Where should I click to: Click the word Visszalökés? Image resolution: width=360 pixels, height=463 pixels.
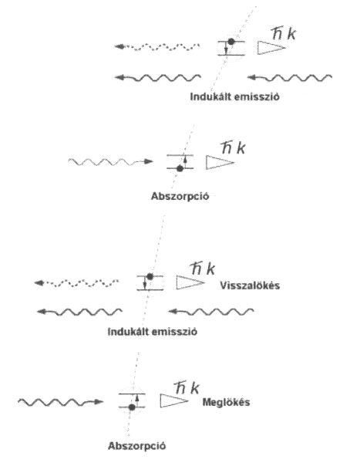click(x=250, y=286)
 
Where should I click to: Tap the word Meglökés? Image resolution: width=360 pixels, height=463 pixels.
click(x=226, y=402)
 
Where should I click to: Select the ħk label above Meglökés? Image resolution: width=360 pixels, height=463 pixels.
click(x=187, y=388)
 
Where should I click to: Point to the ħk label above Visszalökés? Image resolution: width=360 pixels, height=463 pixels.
click(x=203, y=269)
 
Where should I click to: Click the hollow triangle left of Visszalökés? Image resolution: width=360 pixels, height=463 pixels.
click(x=190, y=282)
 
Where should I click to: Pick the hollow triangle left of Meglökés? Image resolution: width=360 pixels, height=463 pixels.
click(x=173, y=400)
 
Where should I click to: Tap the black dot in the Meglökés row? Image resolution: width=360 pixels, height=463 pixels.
click(x=132, y=407)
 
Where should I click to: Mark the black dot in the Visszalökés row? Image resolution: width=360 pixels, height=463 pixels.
click(x=150, y=277)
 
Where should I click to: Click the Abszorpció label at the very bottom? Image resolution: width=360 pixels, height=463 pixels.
click(x=136, y=445)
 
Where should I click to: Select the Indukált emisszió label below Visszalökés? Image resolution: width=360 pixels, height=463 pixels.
click(x=153, y=332)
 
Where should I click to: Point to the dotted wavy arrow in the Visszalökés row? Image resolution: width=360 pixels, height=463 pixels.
click(x=76, y=283)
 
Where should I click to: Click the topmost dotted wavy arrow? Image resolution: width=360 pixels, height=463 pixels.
click(x=157, y=46)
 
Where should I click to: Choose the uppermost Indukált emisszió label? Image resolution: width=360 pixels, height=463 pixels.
click(x=234, y=96)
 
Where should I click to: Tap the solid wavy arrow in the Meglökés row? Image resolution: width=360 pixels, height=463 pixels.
click(x=60, y=402)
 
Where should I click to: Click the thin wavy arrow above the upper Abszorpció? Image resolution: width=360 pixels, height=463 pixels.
click(x=110, y=161)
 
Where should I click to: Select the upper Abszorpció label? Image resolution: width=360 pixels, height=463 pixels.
click(x=180, y=196)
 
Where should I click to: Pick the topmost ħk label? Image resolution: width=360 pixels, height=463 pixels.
click(x=283, y=34)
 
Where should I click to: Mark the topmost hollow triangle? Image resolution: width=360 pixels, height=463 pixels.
click(x=271, y=48)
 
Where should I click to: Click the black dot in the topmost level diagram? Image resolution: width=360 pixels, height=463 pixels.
click(x=231, y=42)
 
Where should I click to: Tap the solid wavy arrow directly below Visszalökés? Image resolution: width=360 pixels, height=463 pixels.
click(x=210, y=312)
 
